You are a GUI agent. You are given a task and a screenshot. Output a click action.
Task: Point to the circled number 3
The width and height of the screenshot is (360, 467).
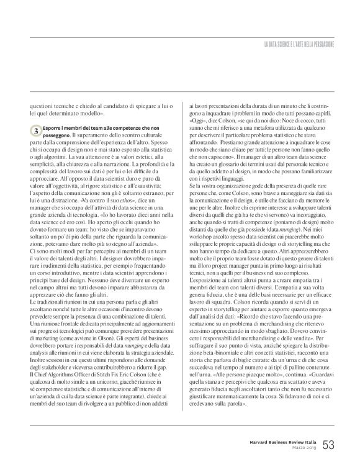tap(37, 132)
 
